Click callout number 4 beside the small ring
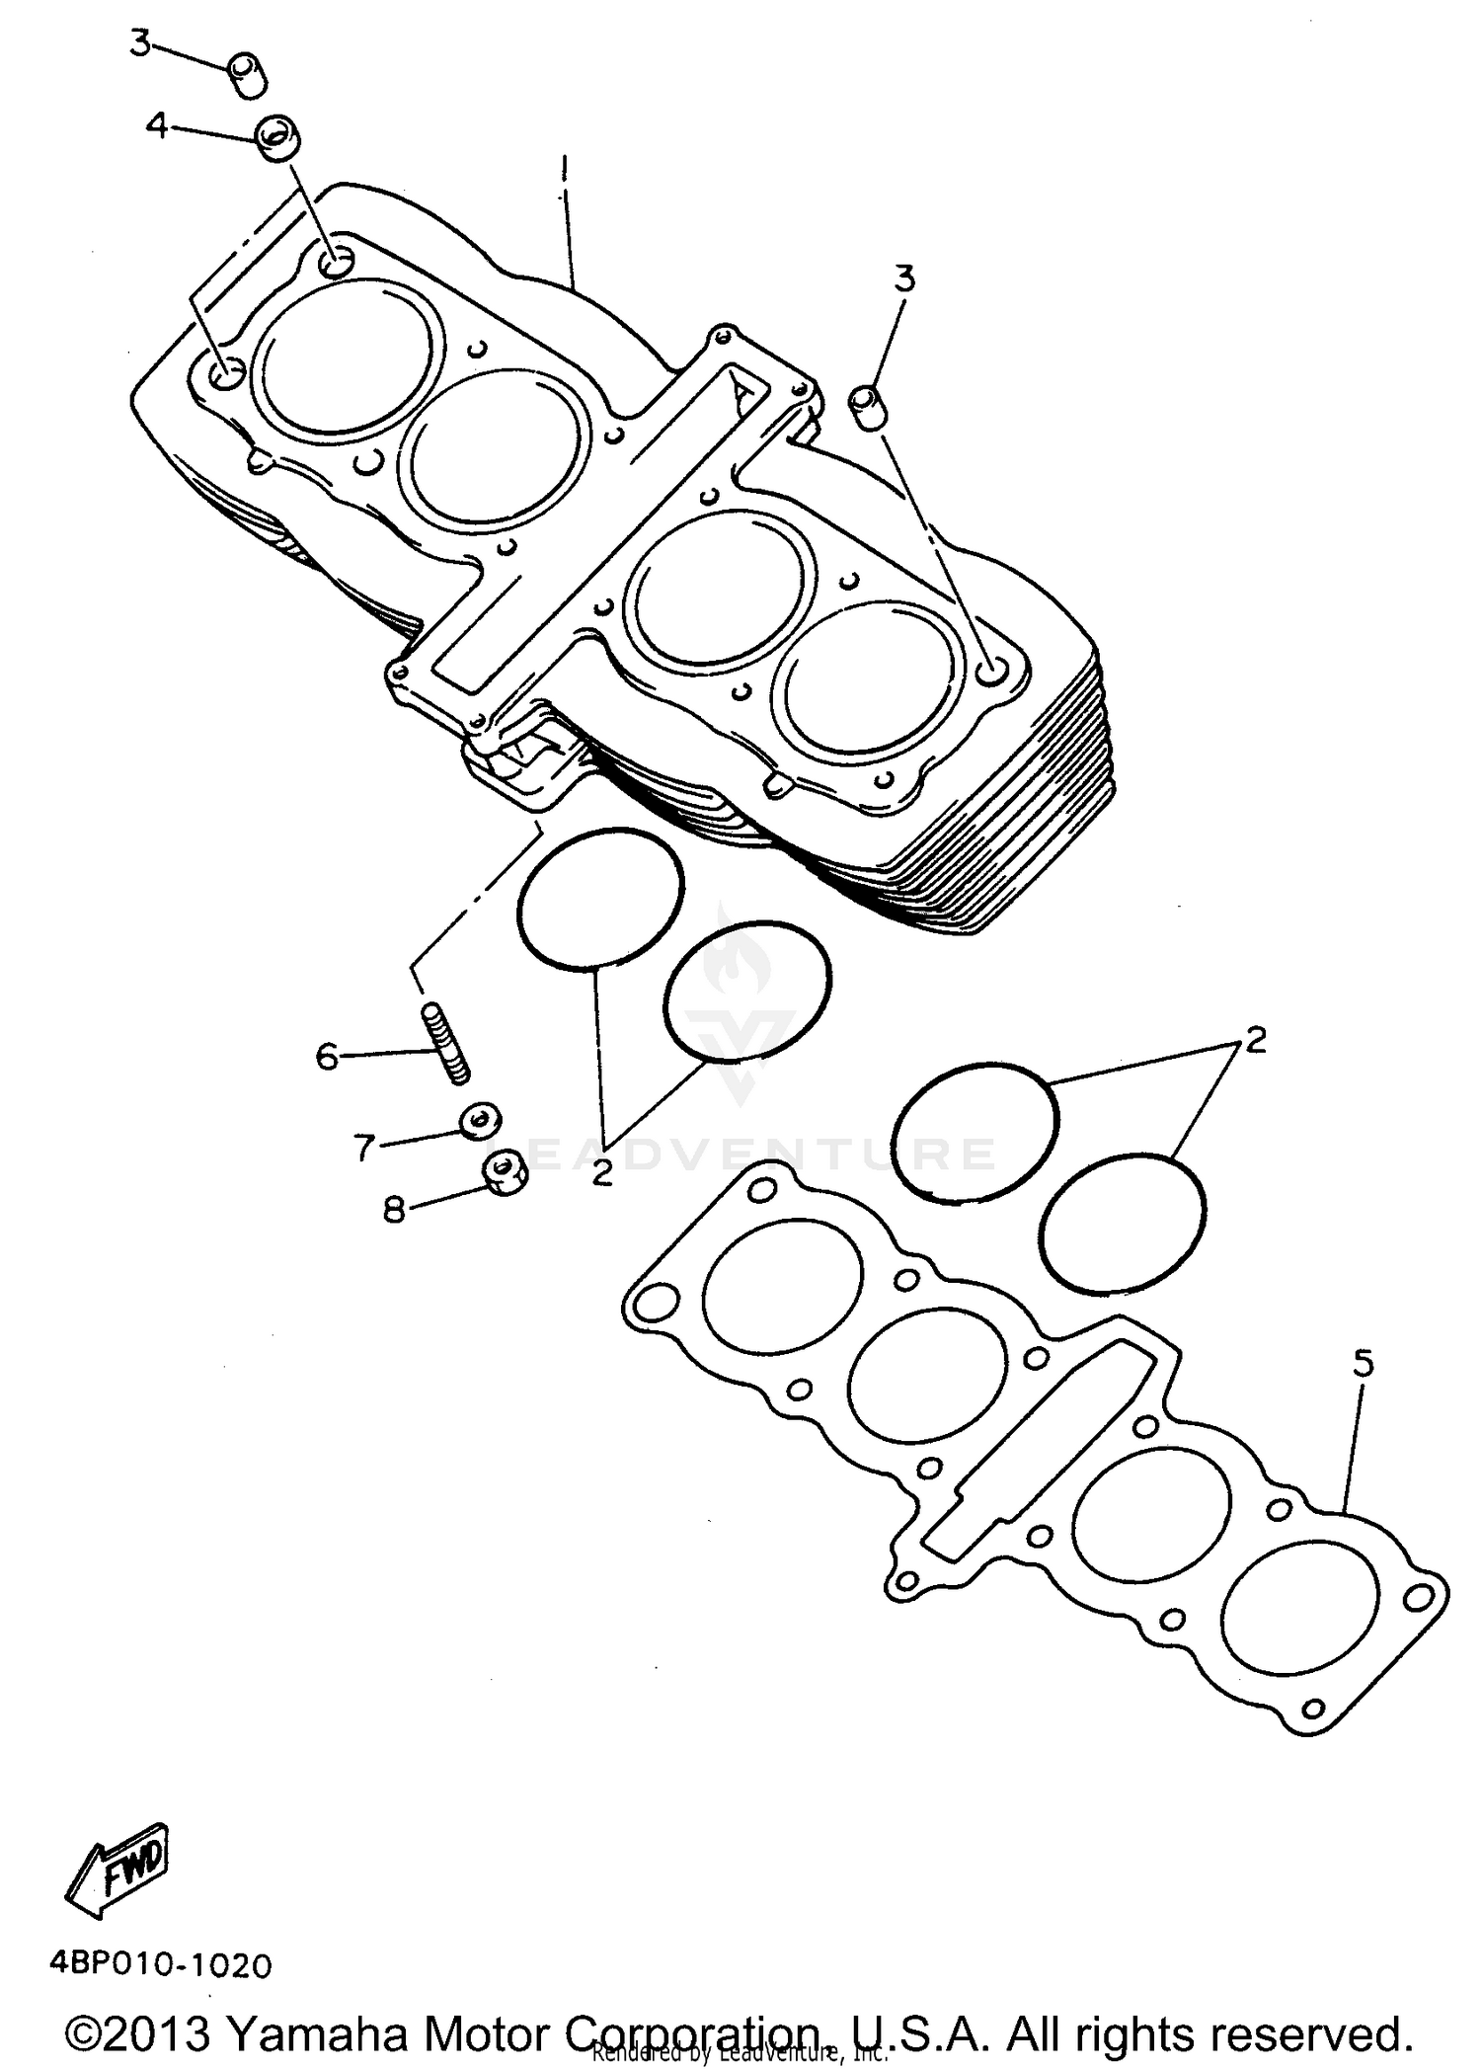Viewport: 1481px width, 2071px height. coord(157,125)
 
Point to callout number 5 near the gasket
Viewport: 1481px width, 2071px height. coord(1363,1365)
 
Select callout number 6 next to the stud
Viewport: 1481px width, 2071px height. coord(327,1057)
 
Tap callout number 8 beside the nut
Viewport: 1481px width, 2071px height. coord(394,1210)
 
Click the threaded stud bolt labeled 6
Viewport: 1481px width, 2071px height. coord(447,1043)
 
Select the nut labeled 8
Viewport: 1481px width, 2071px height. coord(505,1175)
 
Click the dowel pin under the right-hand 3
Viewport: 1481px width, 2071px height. coord(866,407)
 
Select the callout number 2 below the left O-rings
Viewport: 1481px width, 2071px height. coord(602,1173)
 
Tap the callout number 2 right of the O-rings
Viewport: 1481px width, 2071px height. coord(1255,1040)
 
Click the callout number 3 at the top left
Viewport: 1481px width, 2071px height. coord(141,44)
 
